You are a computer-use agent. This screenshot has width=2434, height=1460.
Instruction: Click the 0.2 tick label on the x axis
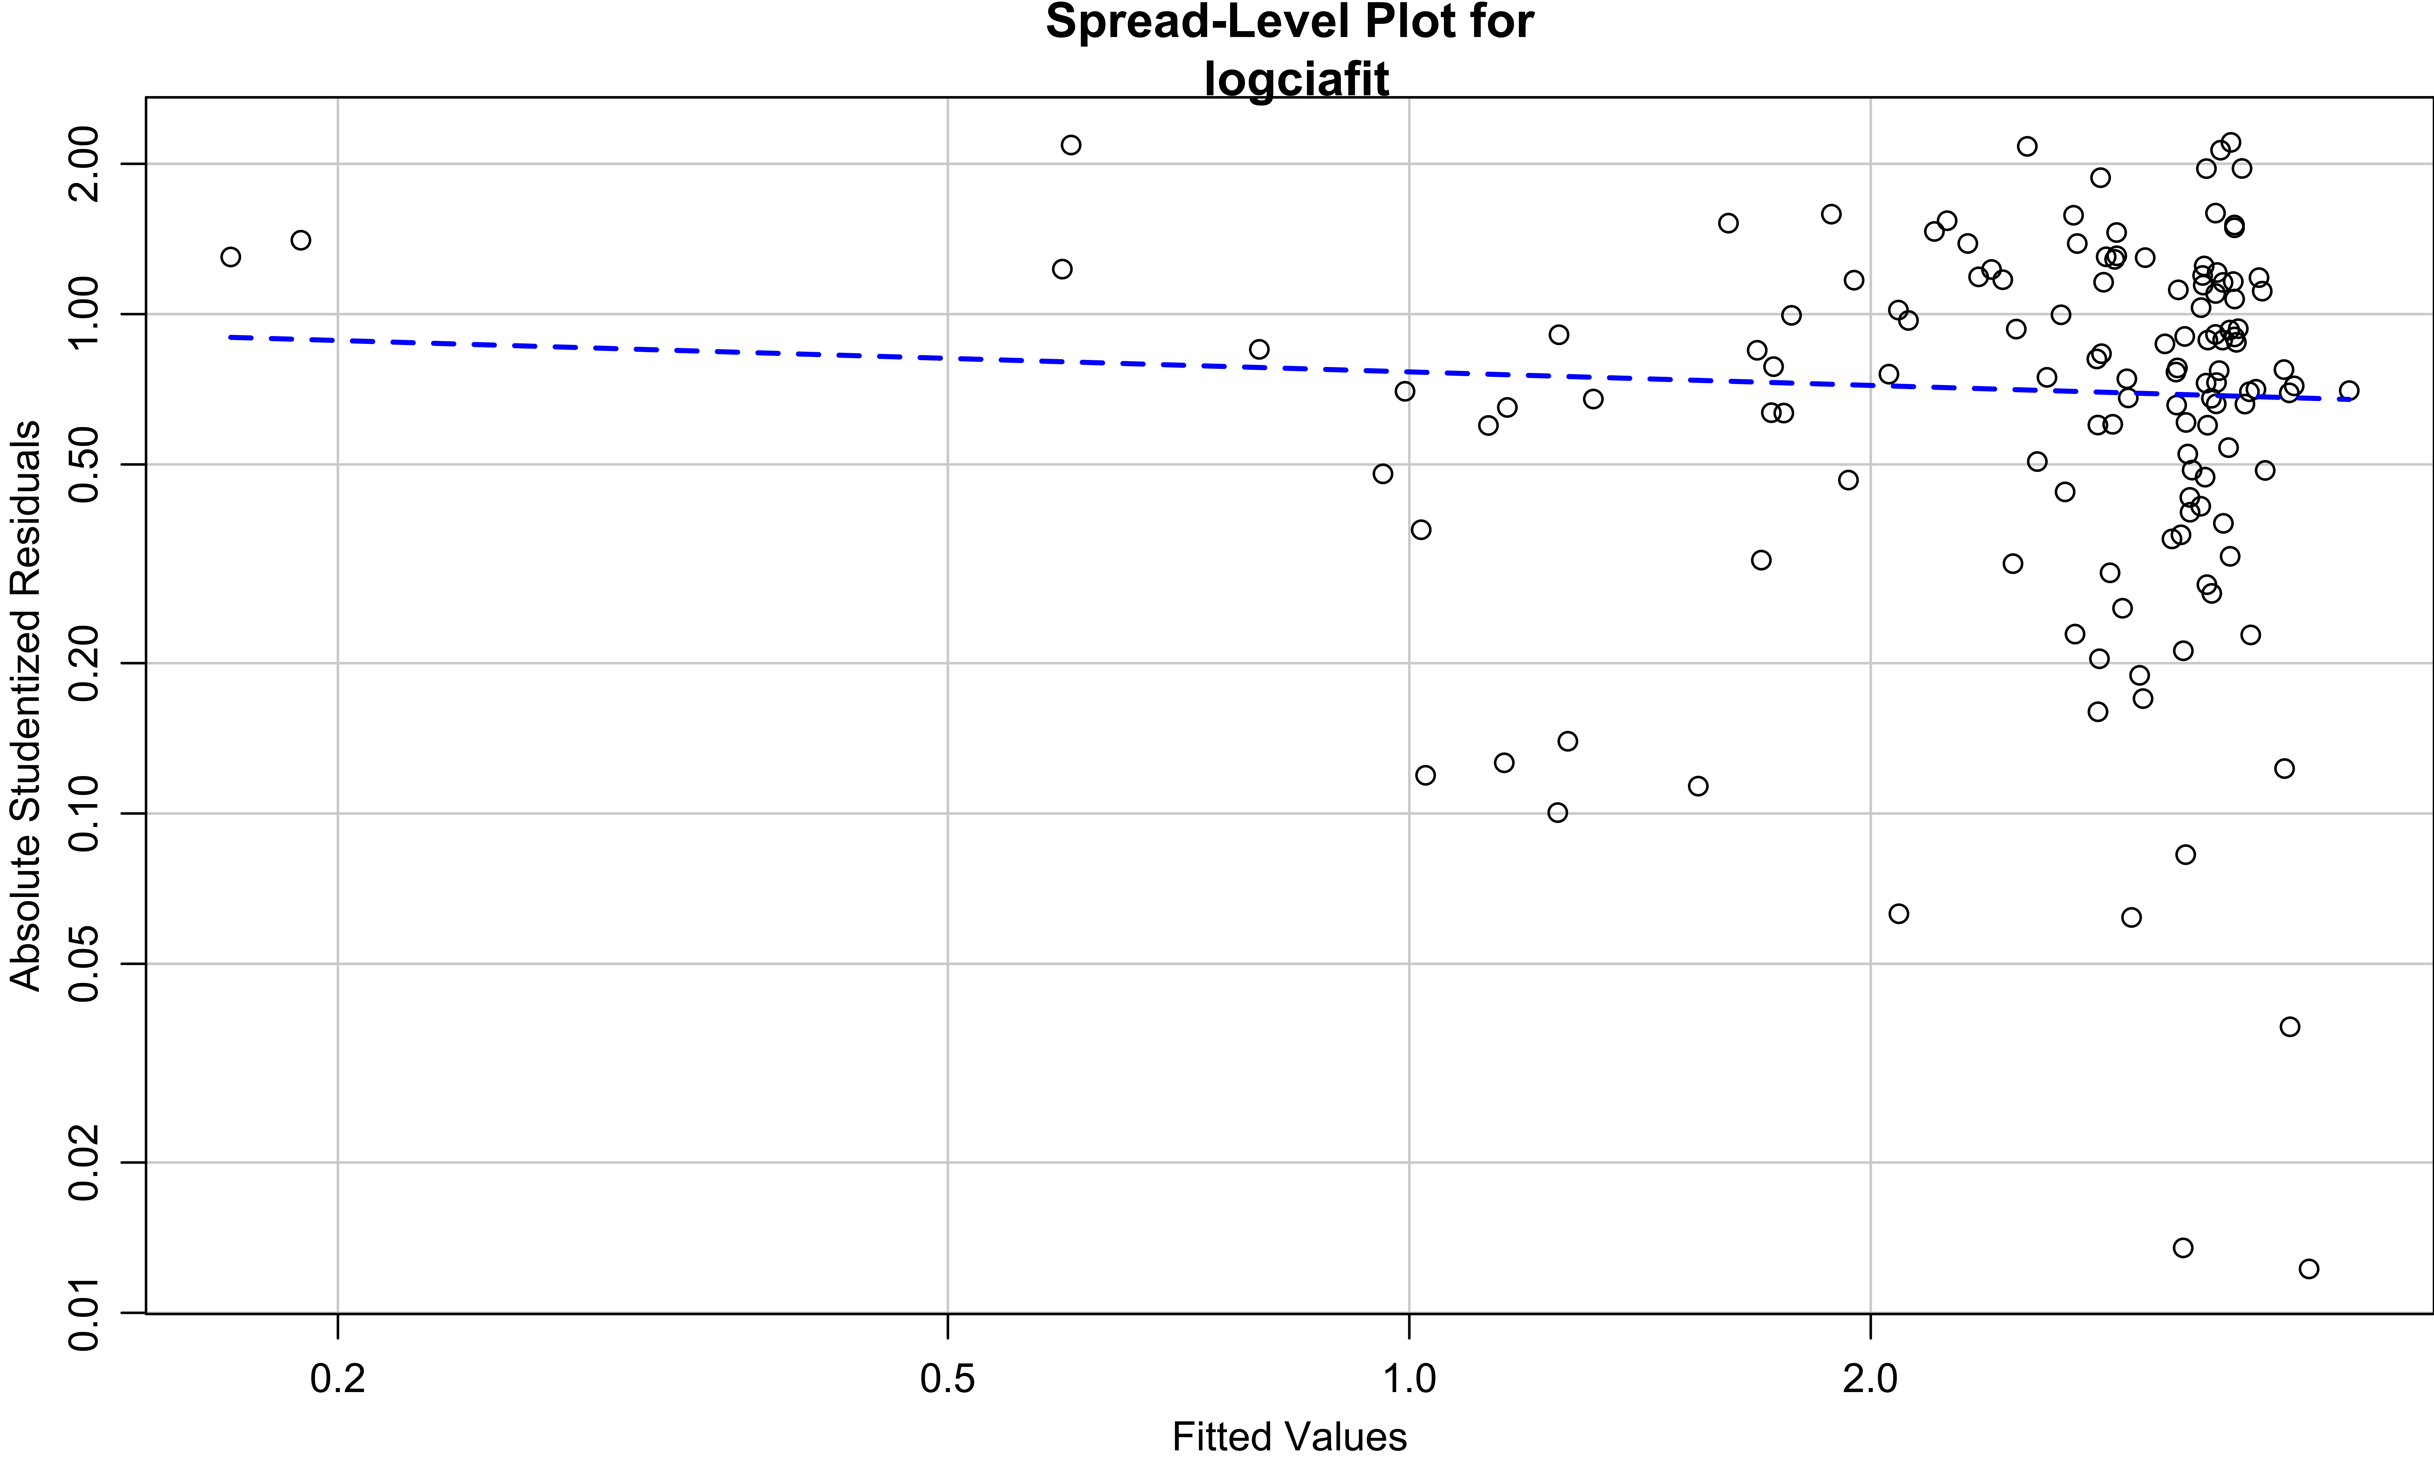pyautogui.click(x=337, y=1378)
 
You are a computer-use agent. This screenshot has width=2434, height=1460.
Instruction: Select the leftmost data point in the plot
pyautogui.click(x=230, y=257)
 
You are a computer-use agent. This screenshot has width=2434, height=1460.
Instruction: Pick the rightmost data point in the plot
pyautogui.click(x=2348, y=391)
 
